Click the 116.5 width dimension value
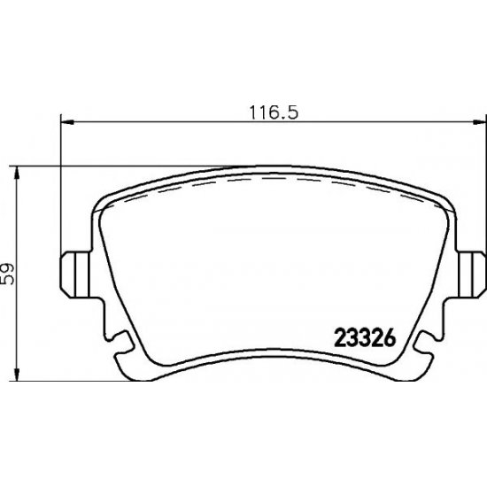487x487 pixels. click(274, 112)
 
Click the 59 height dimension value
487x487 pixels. click(7, 274)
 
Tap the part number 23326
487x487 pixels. click(365, 338)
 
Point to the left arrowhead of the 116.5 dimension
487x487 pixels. click(67, 123)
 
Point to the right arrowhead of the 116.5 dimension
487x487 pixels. click(479, 123)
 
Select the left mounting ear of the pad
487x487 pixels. click(74, 274)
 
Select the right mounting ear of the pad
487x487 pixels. click(471, 274)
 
